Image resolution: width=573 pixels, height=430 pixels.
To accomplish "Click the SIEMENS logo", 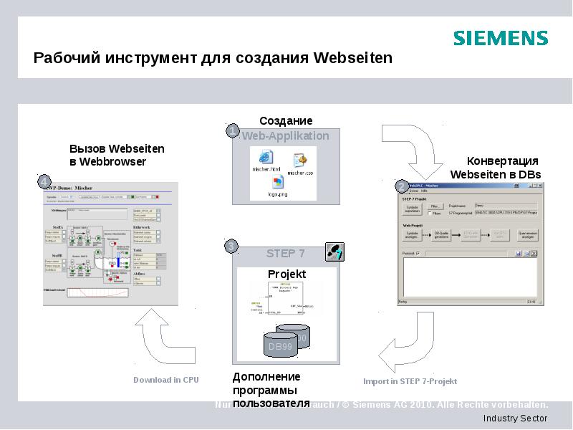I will [500, 38].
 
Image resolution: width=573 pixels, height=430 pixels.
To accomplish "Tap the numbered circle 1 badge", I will [233, 130].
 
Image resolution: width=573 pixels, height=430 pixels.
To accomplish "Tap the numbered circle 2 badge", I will [401, 186].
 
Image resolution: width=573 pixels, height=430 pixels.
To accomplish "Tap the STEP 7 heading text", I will [285, 254].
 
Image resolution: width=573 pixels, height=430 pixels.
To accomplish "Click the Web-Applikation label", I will [285, 135].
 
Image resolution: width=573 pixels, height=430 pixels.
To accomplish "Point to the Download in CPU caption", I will [166, 380].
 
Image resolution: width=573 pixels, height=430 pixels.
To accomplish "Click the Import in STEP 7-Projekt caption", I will [410, 381].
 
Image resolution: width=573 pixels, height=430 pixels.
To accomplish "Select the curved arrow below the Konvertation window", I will [404, 348].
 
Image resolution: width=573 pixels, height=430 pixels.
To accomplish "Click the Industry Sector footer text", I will [515, 419].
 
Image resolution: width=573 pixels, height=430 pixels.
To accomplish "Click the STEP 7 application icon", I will [334, 252].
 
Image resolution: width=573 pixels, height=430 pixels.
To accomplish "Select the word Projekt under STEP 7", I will [286, 274].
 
